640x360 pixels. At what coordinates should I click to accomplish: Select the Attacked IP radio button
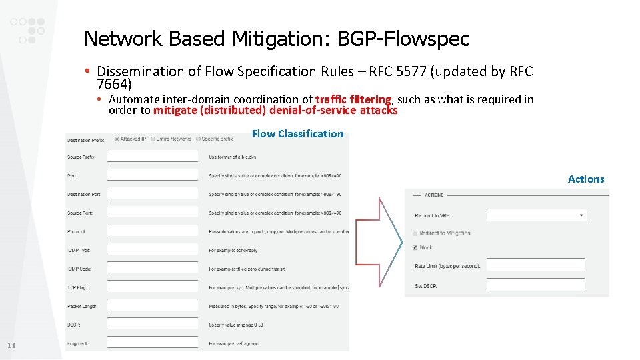(x=117, y=139)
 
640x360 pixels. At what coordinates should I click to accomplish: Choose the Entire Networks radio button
(x=153, y=139)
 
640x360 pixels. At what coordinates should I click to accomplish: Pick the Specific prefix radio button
(x=197, y=139)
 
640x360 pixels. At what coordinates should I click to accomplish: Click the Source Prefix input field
(x=153, y=156)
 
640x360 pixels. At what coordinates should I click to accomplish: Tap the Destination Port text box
(x=153, y=193)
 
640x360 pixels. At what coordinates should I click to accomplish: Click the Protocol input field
(x=153, y=231)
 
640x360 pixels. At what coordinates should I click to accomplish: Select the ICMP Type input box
(x=153, y=249)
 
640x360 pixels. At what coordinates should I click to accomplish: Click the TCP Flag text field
(x=153, y=287)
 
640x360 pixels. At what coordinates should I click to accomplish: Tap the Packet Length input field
(x=153, y=305)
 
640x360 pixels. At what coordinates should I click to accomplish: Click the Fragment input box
(x=153, y=343)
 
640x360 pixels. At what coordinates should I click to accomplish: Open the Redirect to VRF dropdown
(x=536, y=215)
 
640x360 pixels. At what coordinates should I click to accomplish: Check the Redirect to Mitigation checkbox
(x=415, y=233)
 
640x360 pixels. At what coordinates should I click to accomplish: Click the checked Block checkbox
(x=415, y=247)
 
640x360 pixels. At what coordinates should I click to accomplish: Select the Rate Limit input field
(x=535, y=265)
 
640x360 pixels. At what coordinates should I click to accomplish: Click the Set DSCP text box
(x=535, y=285)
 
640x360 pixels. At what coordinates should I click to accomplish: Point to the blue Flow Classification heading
(x=297, y=134)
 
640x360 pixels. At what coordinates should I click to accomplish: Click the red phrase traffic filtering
(x=353, y=99)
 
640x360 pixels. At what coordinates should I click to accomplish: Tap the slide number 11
(x=11, y=345)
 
